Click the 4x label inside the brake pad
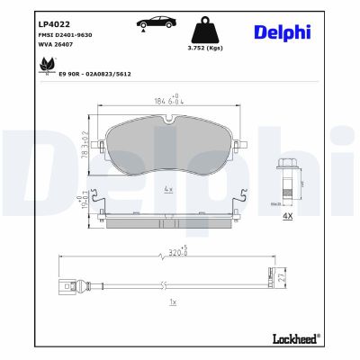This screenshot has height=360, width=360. coord(168,190)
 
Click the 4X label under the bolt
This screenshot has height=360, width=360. coord(287,216)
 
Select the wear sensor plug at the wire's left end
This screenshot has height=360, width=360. coord(67,289)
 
